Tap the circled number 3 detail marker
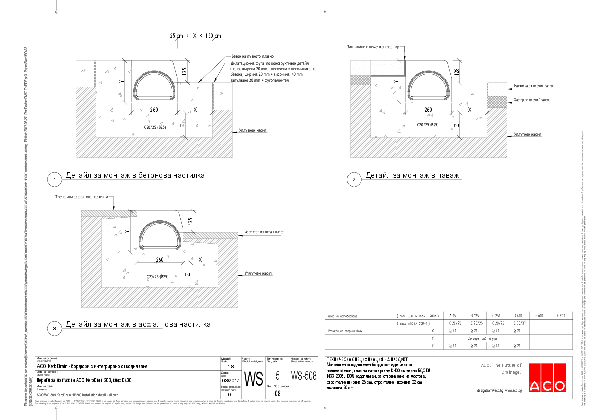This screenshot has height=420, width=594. click(x=54, y=328)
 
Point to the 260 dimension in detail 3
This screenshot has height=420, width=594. click(x=160, y=260)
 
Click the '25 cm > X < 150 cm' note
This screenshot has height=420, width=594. click(x=195, y=36)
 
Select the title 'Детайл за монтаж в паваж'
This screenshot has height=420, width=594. click(x=411, y=176)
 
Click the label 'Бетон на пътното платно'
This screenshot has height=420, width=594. click(x=252, y=57)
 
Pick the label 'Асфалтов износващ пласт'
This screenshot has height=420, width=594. click(x=265, y=232)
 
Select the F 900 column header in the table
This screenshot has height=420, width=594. click(x=561, y=316)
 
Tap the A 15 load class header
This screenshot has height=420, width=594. click(x=453, y=316)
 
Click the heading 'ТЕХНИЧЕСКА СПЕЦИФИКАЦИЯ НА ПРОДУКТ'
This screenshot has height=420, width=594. click(x=367, y=359)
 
